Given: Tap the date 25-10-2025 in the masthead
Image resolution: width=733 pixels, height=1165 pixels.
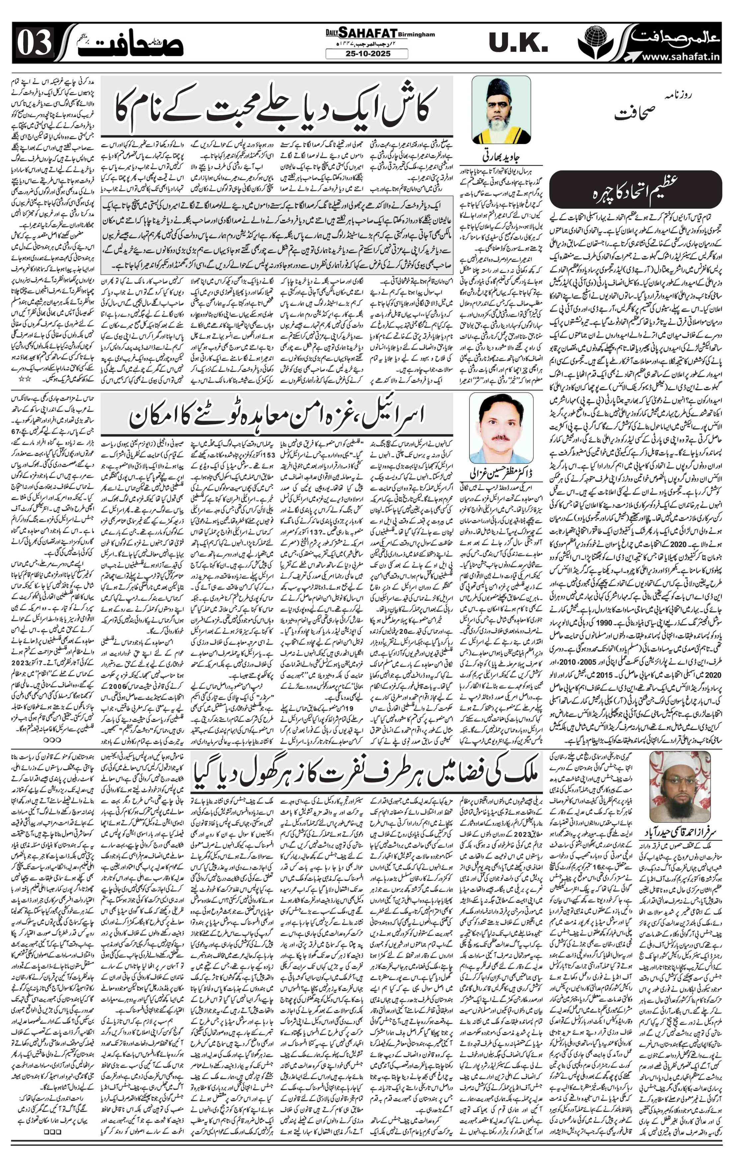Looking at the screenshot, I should (366, 54).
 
